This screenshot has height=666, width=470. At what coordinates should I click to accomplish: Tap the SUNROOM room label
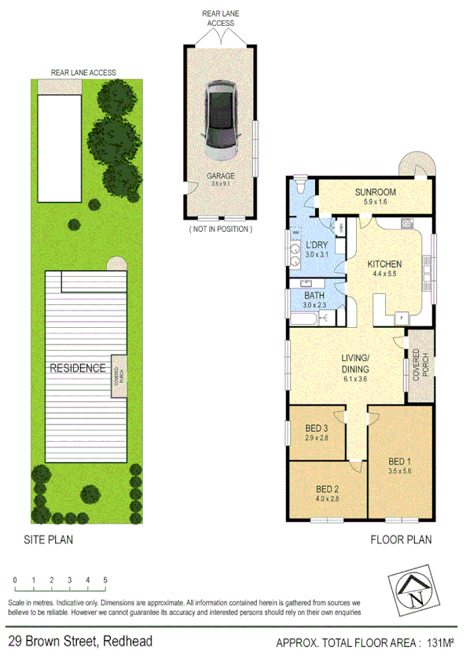(375, 193)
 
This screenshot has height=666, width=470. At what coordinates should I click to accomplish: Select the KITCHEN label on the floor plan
(385, 263)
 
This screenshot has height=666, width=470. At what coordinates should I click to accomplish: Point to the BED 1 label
(400, 462)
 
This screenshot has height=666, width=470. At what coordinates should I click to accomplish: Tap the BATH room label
(314, 295)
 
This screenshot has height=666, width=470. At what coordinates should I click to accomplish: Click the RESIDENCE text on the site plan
(77, 367)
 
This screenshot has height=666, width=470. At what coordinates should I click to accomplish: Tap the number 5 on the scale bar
(105, 580)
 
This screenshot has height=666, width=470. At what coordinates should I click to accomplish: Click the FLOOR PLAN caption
(401, 540)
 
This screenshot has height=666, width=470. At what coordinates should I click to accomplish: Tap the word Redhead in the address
(127, 642)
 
